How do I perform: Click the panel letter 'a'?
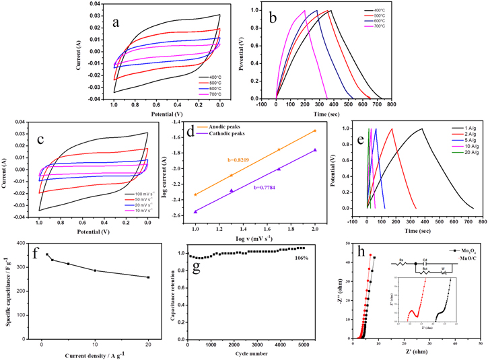(x=116, y=22)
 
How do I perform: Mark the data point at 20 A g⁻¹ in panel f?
(x=148, y=277)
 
